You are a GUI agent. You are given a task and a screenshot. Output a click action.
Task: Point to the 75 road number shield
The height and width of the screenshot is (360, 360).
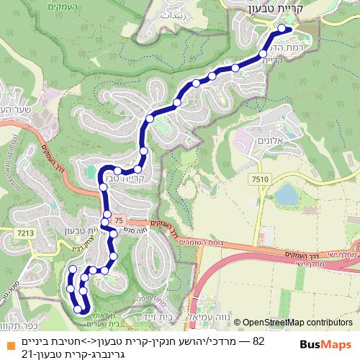pos(119,220)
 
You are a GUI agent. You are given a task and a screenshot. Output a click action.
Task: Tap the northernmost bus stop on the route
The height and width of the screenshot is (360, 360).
pos(282,30)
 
